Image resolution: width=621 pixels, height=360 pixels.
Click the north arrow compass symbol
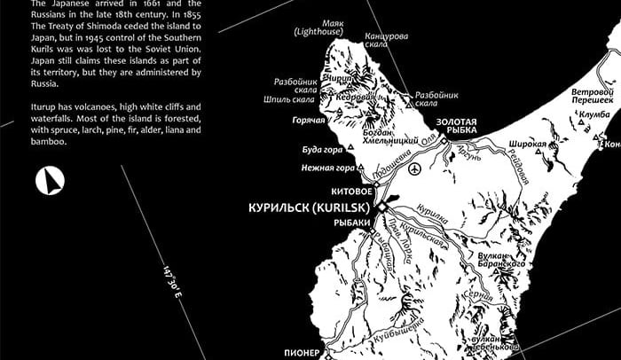tap(49, 182)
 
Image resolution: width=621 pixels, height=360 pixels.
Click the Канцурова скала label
tap(387, 41)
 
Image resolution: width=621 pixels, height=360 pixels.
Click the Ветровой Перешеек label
tap(593, 96)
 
